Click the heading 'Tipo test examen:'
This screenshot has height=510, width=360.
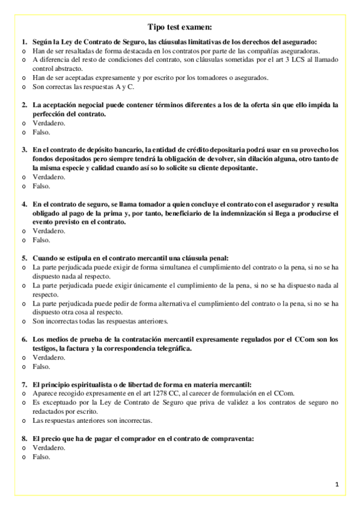(180, 26)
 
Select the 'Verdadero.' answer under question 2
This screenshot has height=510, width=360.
(49, 123)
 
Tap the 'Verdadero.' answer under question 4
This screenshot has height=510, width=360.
(49, 231)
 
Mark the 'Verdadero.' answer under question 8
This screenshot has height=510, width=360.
(49, 447)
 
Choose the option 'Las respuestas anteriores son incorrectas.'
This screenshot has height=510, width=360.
(93, 420)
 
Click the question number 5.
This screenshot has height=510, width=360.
(24, 258)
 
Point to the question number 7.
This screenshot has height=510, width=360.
(24, 384)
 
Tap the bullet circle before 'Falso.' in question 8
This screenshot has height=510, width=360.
(24, 456)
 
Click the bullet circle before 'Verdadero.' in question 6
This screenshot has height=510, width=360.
(24, 357)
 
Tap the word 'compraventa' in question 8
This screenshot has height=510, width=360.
(233, 438)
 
